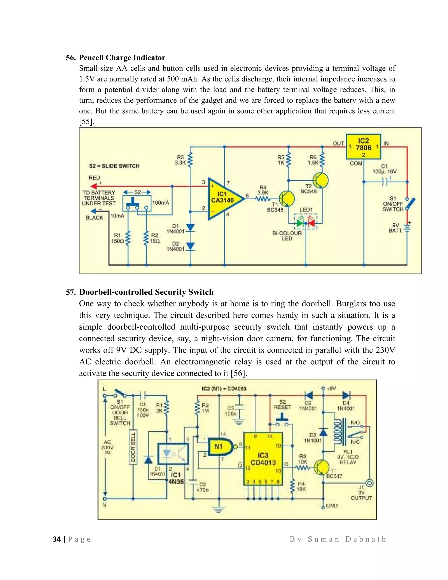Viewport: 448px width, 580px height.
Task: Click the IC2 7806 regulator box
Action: [363, 146]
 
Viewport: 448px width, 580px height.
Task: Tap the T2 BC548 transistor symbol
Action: [320, 180]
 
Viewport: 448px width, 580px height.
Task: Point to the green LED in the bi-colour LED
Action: [300, 223]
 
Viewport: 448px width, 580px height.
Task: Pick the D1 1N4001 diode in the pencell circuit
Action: [190, 228]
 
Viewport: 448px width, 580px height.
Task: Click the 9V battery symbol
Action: [407, 228]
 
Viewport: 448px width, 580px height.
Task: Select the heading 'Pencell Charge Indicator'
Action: [122, 58]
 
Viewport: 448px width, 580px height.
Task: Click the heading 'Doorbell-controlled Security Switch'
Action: [146, 292]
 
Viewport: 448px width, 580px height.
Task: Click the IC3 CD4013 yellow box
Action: [263, 459]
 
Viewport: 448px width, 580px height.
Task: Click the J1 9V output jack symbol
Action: [369, 483]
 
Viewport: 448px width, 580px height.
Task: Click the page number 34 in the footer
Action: [57, 539]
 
